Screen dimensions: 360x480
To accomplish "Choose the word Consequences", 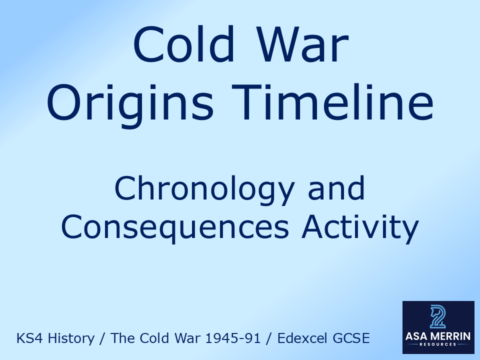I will click(x=174, y=227).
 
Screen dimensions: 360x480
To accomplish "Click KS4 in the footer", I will click(x=29, y=338).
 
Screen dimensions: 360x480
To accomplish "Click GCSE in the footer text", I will click(x=353, y=338).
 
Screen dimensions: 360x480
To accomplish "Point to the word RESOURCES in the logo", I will click(x=438, y=345).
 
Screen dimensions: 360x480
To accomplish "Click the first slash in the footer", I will click(x=102, y=338).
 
